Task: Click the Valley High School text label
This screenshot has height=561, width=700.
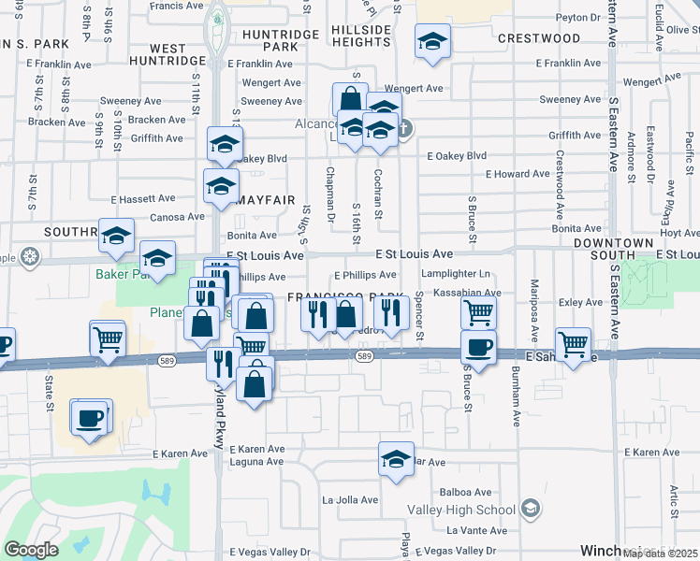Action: (x=461, y=510)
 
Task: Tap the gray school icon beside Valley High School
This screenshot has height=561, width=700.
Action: (x=531, y=509)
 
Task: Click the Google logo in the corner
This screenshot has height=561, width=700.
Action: (x=32, y=550)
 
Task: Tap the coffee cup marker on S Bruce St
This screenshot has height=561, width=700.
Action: (x=478, y=348)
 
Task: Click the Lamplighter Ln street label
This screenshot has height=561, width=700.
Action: (x=455, y=275)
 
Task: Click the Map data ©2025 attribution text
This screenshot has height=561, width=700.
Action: (x=660, y=554)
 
